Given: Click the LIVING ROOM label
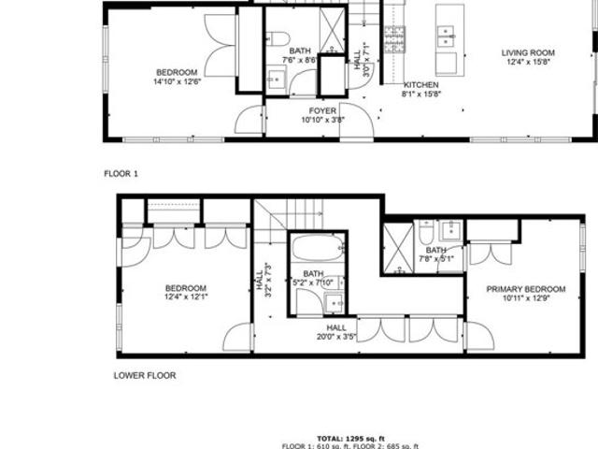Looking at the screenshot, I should [x=529, y=52].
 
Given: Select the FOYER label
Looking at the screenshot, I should [x=323, y=110].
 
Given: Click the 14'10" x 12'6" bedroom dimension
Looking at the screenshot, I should [x=178, y=81].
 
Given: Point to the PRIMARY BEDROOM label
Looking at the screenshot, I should [x=520, y=289].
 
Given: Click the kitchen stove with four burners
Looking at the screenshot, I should [x=395, y=38].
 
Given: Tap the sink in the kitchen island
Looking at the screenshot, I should [x=446, y=36].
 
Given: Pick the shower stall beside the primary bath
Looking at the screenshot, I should [x=397, y=248].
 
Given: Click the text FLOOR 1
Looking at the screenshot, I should [x=121, y=174].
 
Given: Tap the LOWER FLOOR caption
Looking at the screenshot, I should [x=145, y=376].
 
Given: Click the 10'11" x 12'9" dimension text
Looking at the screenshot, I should [x=520, y=299].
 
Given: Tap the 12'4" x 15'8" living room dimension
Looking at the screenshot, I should [x=529, y=63].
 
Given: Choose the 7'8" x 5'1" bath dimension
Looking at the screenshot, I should [x=436, y=260].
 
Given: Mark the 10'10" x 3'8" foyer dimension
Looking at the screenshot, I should [x=323, y=120].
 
